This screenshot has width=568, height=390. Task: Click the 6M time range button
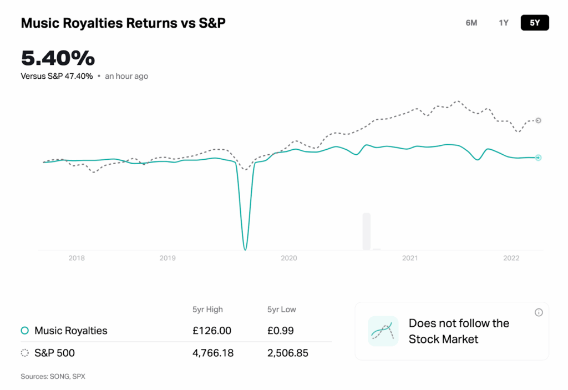click(x=471, y=23)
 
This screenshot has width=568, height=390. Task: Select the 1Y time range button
click(x=504, y=23)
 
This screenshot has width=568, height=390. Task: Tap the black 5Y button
click(x=535, y=23)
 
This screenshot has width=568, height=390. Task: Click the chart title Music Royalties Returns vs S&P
click(x=123, y=23)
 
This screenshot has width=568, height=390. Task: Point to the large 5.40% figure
click(x=58, y=58)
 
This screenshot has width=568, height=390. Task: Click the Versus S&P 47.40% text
click(x=57, y=76)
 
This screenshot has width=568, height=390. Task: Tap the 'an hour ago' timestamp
click(x=126, y=76)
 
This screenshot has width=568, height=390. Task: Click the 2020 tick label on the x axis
click(x=289, y=258)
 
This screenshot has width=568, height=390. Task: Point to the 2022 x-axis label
click(x=511, y=258)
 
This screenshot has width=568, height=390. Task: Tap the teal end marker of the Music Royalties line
click(x=538, y=158)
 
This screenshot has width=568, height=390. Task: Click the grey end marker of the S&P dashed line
click(x=538, y=120)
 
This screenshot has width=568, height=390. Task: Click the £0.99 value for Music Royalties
click(x=280, y=331)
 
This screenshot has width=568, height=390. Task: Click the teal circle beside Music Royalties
click(x=24, y=331)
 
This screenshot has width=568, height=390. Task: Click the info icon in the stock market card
click(x=539, y=313)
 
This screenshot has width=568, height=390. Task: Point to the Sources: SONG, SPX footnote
click(x=53, y=376)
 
